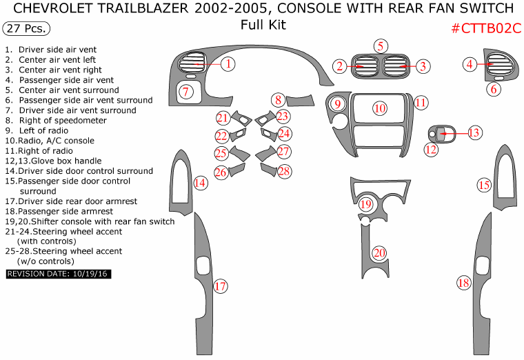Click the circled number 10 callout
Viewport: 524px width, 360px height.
pos(380,108)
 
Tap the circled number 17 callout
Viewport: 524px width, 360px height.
pos(220,286)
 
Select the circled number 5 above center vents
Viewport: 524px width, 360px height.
pos(381,46)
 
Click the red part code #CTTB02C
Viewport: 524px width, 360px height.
pos(486,28)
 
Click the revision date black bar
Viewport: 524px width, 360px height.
pos(59,274)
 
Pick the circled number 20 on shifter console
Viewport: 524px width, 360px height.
pos(379,253)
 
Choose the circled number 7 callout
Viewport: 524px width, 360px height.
pos(186,90)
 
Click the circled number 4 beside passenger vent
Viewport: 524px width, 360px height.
pos(470,64)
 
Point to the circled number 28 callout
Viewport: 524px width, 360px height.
pos(284,170)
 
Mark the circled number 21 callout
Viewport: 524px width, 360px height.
pos(222,118)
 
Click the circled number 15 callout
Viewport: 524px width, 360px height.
pos(484,184)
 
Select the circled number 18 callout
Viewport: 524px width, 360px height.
pos(464,282)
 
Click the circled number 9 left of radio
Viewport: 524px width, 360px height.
pos(338,105)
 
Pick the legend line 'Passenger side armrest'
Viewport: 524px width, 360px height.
pos(59,211)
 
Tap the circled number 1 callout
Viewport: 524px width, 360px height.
pos(228,64)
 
